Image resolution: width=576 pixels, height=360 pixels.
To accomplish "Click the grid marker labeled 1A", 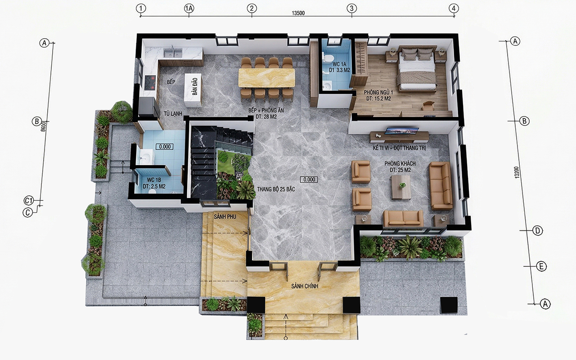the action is click(189, 9).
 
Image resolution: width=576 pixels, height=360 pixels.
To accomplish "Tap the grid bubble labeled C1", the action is click(29, 200).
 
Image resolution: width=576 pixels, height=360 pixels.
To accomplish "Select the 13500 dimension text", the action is click(298, 13).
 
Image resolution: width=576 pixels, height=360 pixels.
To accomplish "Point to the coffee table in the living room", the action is click(401, 187).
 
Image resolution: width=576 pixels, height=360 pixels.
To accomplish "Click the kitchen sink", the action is click(173, 53).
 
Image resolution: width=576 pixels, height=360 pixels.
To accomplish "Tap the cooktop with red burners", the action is click(150, 82).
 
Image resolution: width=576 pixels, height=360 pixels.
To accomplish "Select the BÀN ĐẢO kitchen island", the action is click(193, 90).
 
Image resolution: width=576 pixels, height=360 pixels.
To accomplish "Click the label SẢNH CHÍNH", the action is click(305, 286).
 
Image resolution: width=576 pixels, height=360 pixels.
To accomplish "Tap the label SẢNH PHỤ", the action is click(225, 217).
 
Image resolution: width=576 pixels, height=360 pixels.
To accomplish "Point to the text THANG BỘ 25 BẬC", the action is click(276, 189).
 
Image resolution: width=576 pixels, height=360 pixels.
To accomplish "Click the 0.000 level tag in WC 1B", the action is click(165, 147).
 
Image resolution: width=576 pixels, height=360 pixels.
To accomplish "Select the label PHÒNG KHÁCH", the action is click(400, 163).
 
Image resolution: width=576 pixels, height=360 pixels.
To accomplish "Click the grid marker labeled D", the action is click(537, 231).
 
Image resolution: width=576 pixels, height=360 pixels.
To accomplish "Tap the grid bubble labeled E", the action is click(541, 266).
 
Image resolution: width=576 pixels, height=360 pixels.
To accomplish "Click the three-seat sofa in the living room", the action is click(440, 186).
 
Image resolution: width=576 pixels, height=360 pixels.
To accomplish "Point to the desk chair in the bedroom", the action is click(428, 105).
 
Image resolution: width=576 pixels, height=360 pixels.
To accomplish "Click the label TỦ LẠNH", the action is click(173, 113).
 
